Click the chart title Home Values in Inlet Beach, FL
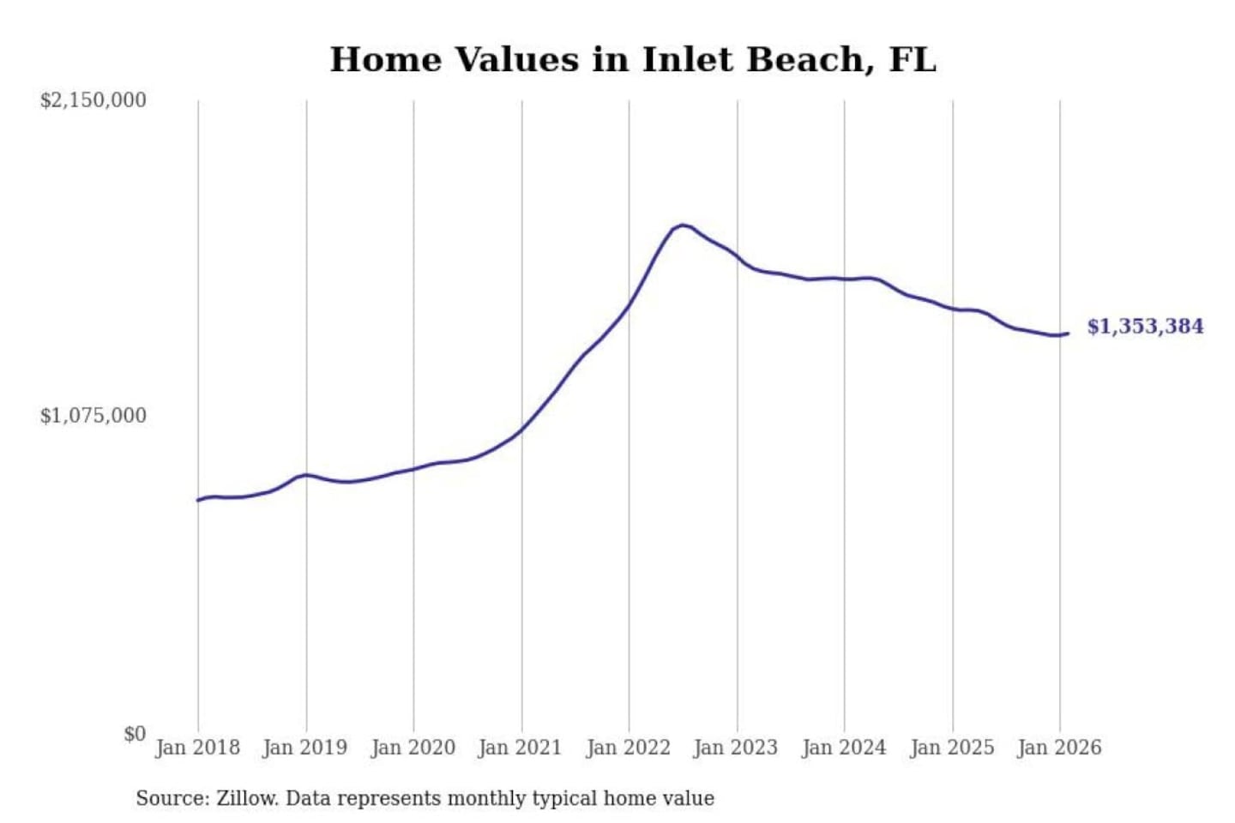pos(633,60)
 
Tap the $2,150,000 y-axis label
pos(93,100)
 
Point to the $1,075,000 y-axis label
pos(93,416)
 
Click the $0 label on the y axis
pos(135,734)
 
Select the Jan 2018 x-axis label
pos(197,748)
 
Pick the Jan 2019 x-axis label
pos(305,748)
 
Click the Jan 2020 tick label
pos(413,748)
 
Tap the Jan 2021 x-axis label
pos(520,748)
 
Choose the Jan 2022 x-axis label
pos(628,748)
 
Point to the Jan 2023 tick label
pos(736,748)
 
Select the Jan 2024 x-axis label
pos(844,748)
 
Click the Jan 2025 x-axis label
pos(952,748)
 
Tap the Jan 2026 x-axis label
pos(1059,748)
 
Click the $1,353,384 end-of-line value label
pos(1145,327)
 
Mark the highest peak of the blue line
pos(683,225)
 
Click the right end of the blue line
pos(1068,333)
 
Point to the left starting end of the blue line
pos(198,500)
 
